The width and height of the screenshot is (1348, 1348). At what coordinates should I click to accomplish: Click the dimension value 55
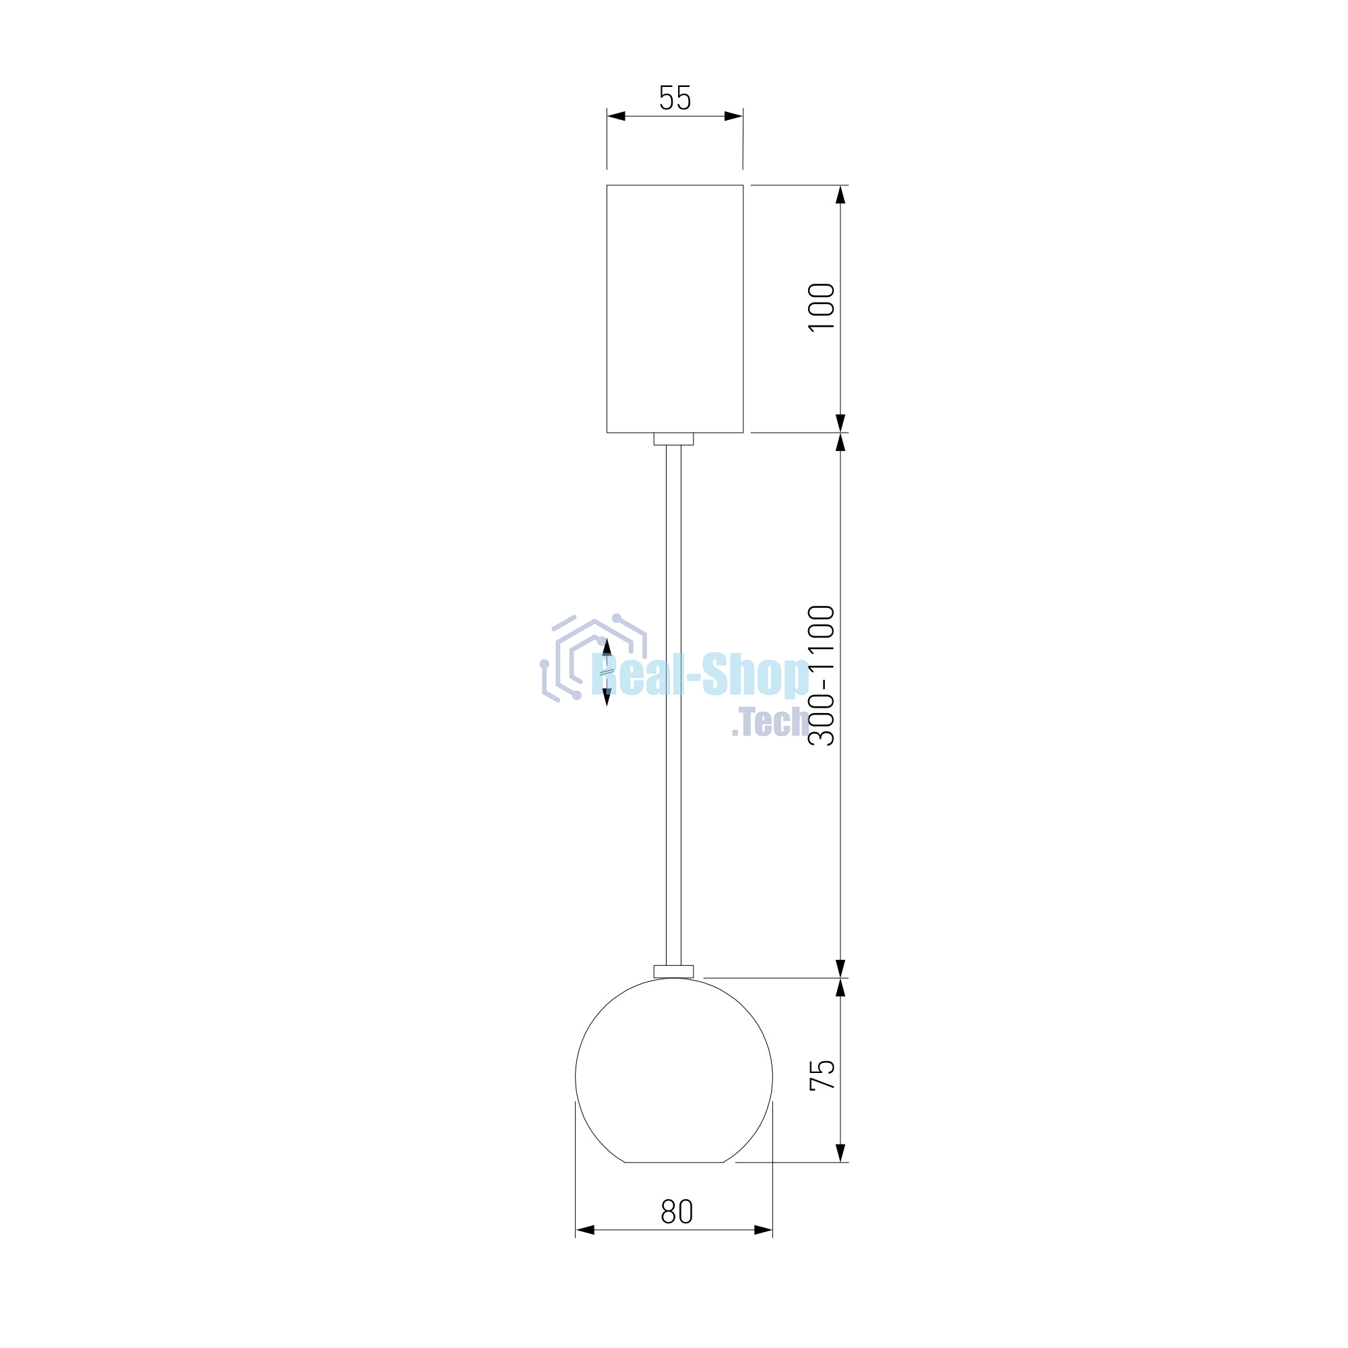[675, 98]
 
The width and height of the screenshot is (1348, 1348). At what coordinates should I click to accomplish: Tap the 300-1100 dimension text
[821, 675]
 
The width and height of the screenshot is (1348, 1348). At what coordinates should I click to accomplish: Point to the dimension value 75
[822, 1074]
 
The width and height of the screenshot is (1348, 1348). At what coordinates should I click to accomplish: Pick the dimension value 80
[677, 1211]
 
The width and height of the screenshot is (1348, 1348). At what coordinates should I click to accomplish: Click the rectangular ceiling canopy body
[675, 309]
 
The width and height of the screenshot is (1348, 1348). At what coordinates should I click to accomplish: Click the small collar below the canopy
[673, 439]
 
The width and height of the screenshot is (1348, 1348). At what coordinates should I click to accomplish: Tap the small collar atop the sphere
[673, 971]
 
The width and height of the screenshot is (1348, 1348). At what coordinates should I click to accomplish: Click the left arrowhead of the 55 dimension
[615, 116]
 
